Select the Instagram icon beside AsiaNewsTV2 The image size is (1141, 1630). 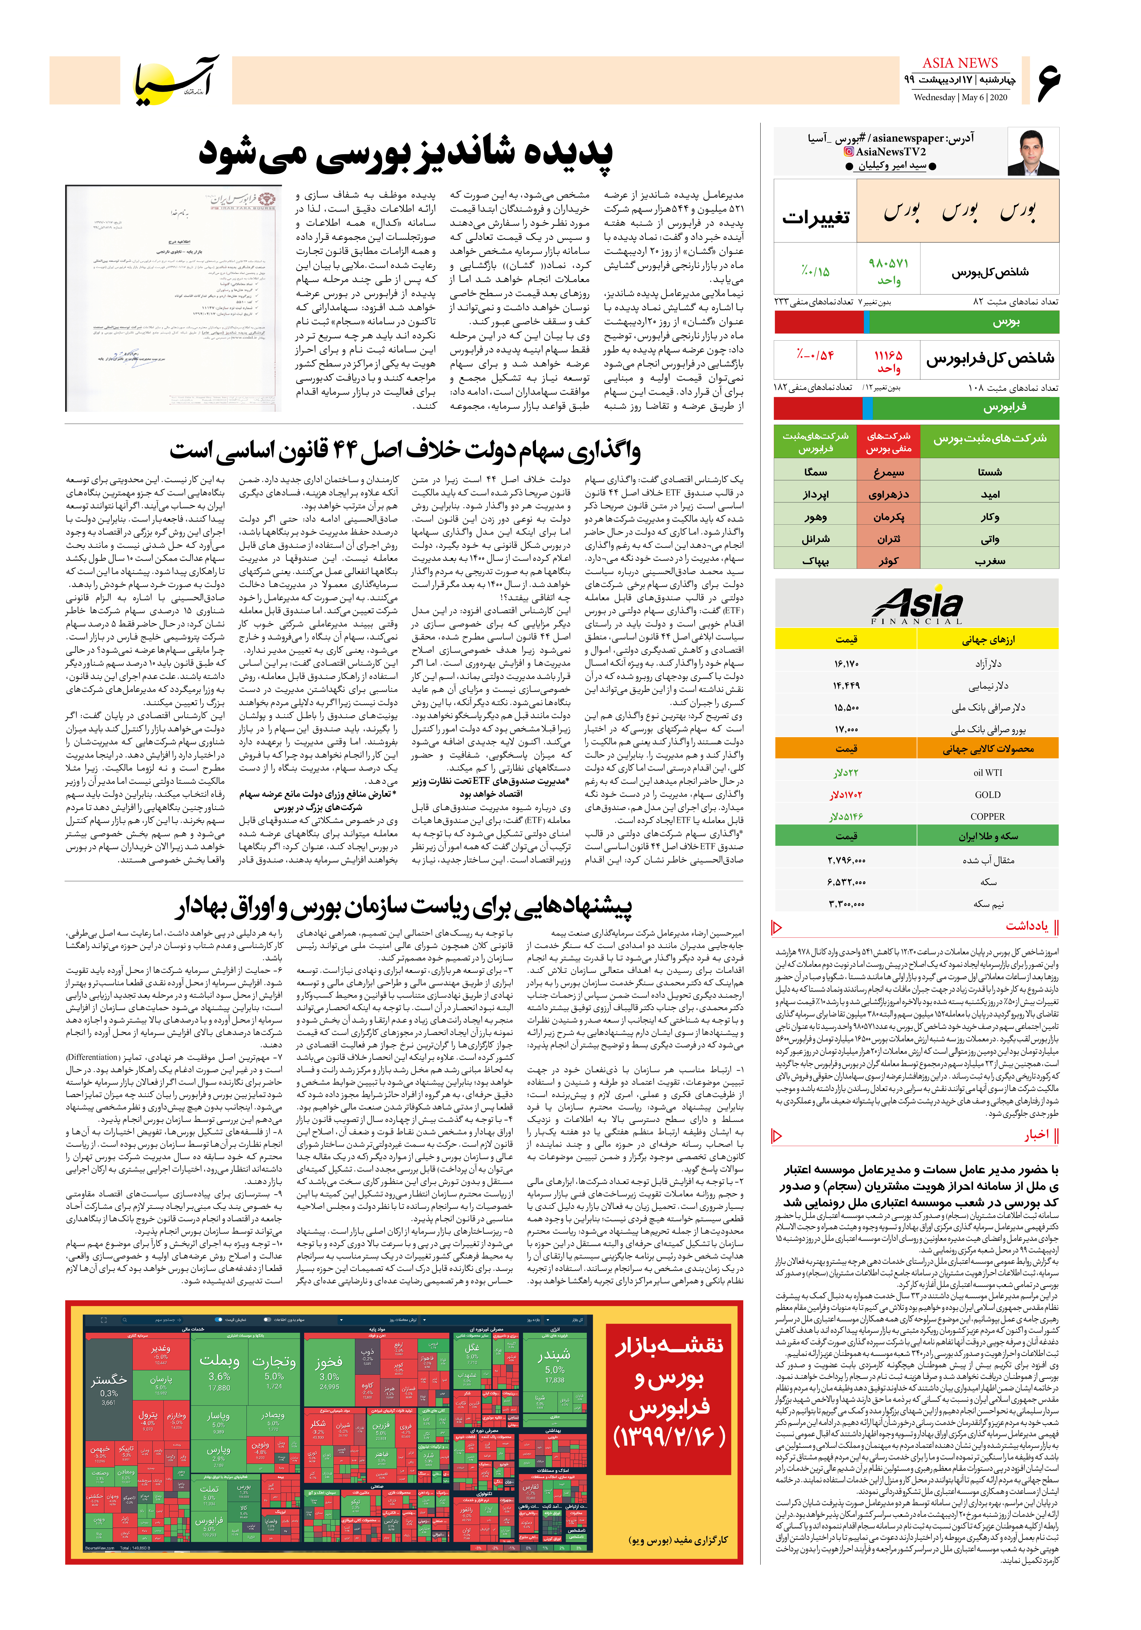pyautogui.click(x=848, y=151)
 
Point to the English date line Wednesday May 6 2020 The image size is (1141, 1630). pyautogui.click(x=960, y=97)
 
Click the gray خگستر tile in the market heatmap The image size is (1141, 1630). pyautogui.click(x=109, y=1380)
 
